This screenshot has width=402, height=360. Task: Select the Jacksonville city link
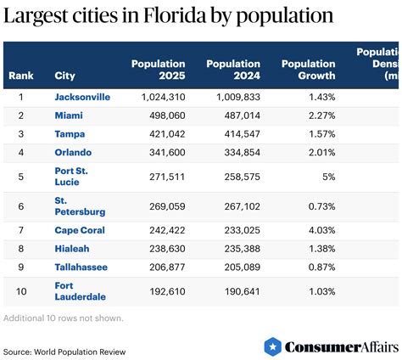point(82,97)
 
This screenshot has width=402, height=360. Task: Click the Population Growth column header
point(308,70)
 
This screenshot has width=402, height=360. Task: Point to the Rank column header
point(20,76)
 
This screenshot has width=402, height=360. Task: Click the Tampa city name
point(70,133)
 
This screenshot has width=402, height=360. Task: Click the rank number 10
point(20,291)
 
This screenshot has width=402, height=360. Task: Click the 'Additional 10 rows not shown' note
point(64,318)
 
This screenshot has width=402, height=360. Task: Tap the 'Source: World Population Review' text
point(64,351)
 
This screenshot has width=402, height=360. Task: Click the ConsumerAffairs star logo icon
point(272,346)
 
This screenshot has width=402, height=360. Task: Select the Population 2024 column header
point(232,70)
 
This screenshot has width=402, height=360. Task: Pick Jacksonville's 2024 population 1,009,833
point(235,97)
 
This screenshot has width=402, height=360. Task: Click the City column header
point(64,76)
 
